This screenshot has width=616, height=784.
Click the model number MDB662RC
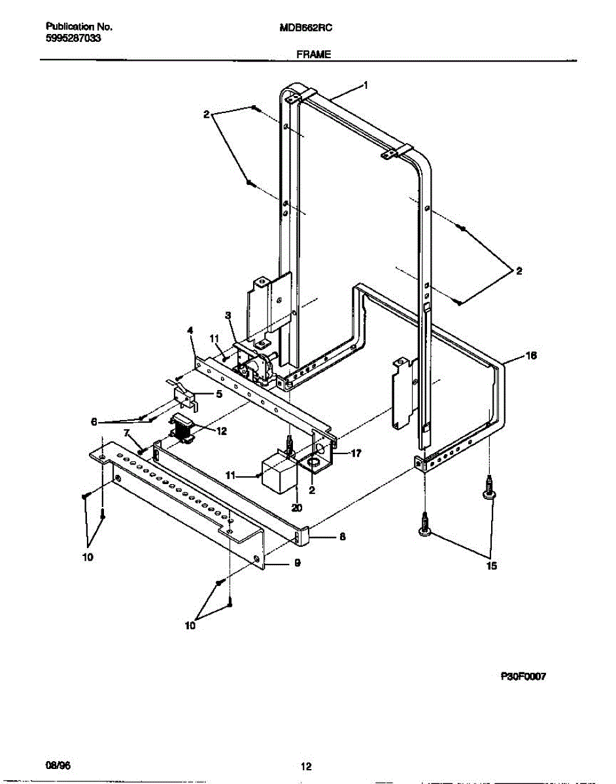coord(307,28)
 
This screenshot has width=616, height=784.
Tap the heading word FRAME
coord(313,56)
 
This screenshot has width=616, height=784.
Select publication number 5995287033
coord(74,39)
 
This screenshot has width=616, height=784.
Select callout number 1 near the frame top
coord(366,85)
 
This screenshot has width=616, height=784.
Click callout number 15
coord(490,566)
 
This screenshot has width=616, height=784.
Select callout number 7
coord(128,433)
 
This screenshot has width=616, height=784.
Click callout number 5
coord(218,394)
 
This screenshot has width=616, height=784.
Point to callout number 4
coord(190,331)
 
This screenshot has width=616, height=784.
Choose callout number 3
coord(228,316)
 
